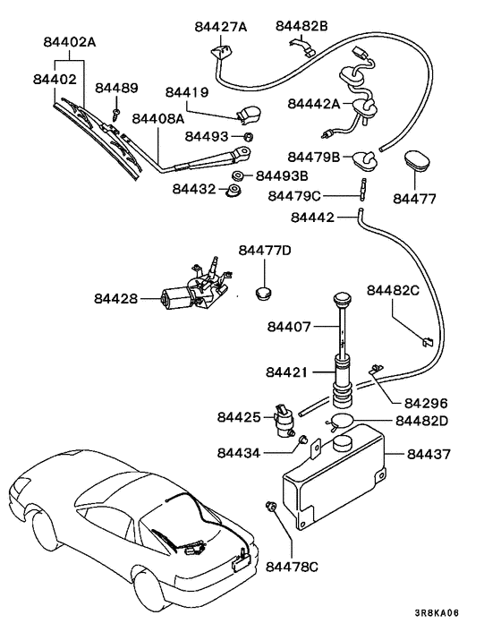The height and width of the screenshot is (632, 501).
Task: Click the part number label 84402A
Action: (x=70, y=41)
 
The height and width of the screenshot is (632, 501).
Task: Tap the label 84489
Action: (x=117, y=88)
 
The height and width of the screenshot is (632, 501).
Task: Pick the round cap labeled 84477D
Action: (x=263, y=290)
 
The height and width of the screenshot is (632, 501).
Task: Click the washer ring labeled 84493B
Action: (x=239, y=175)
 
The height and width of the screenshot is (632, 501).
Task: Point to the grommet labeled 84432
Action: (x=234, y=191)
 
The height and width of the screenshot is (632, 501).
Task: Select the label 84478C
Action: (x=288, y=566)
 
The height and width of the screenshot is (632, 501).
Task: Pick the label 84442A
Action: (x=313, y=105)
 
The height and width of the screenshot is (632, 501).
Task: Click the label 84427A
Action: (x=220, y=27)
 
